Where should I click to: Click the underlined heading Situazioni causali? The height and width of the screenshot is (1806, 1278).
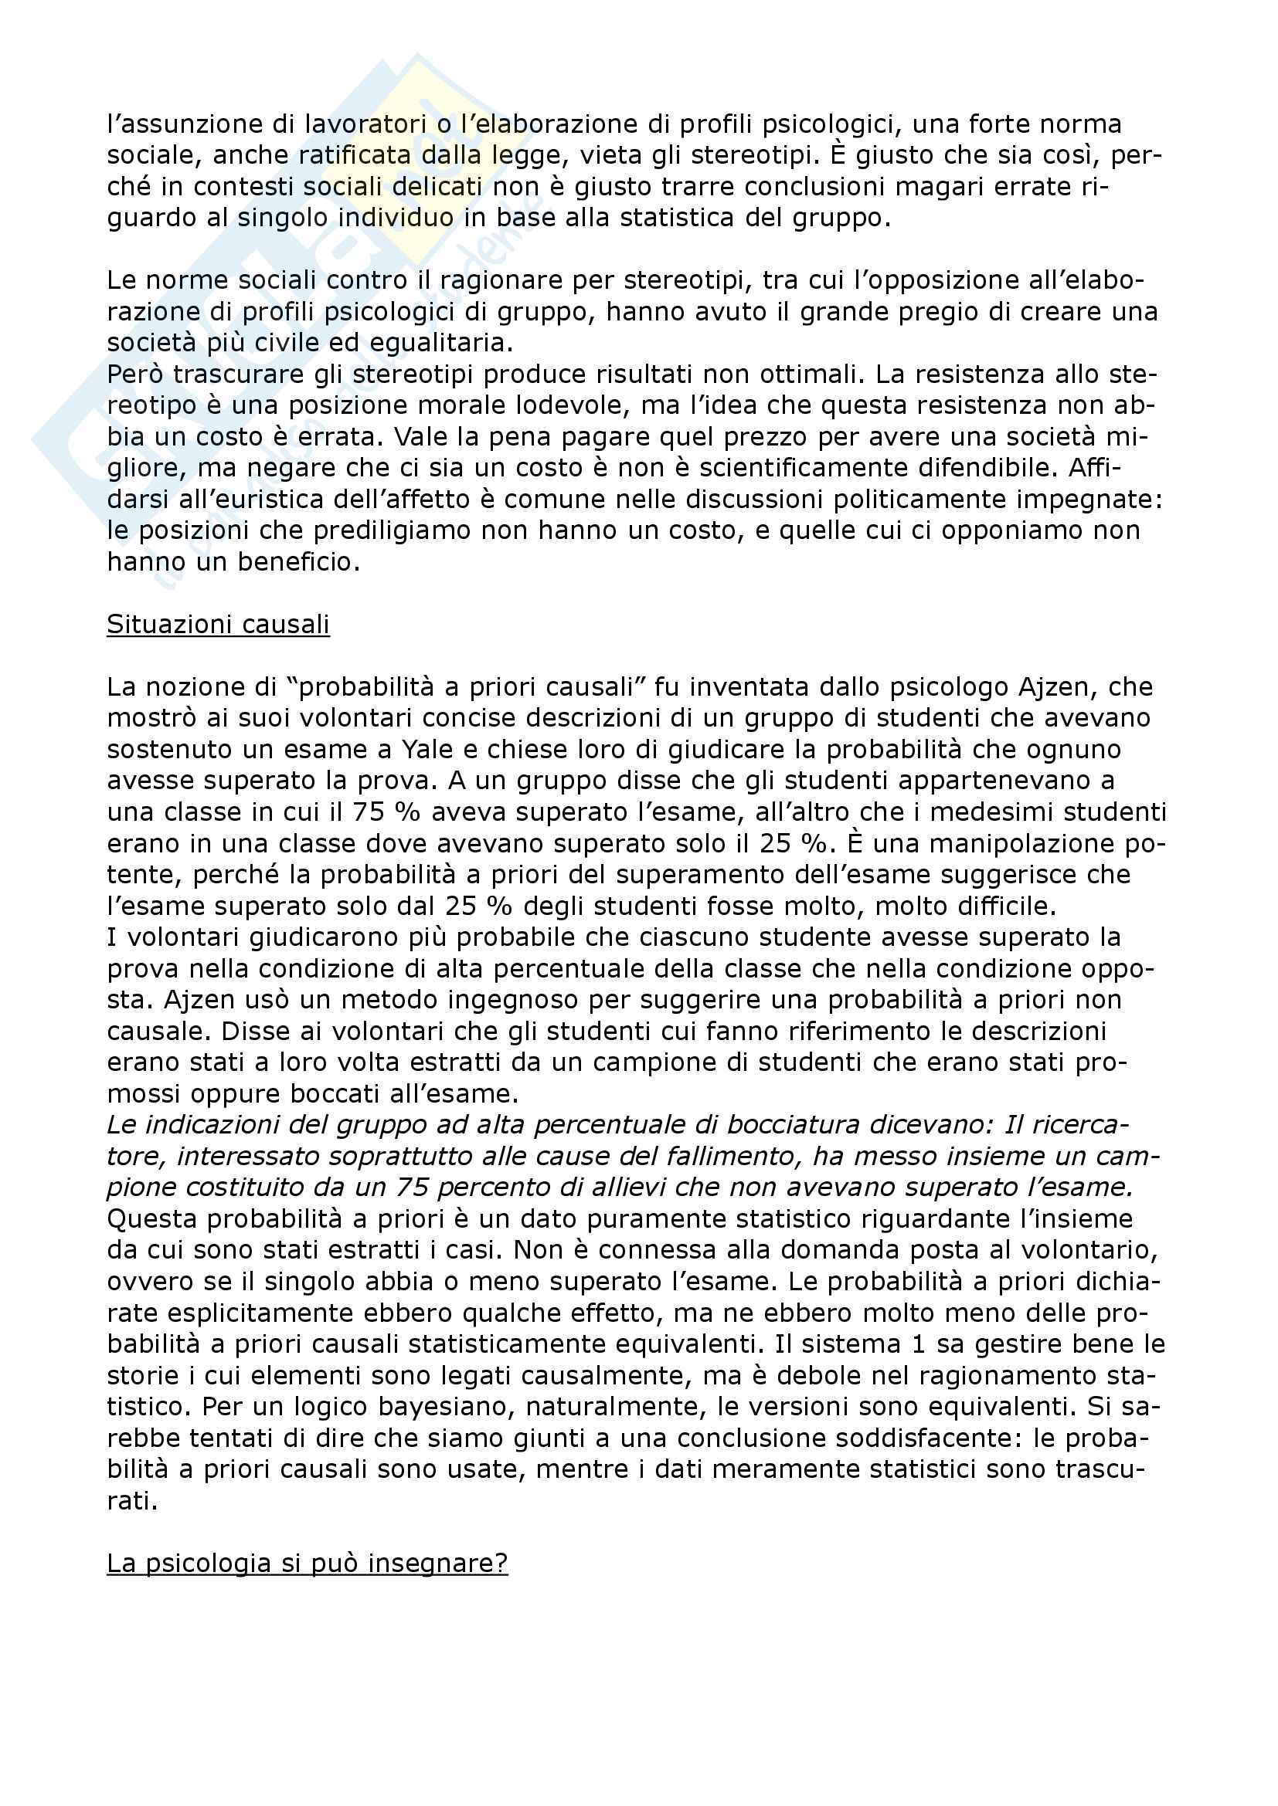[x=218, y=624]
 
